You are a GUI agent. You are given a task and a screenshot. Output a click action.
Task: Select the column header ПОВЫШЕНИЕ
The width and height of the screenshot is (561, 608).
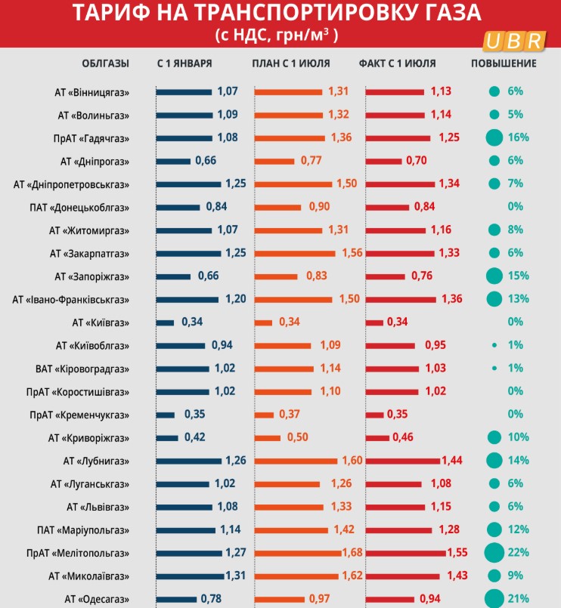[x=504, y=63]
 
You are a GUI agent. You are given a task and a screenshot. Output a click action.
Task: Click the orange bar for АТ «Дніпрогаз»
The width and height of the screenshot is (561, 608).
[x=274, y=161]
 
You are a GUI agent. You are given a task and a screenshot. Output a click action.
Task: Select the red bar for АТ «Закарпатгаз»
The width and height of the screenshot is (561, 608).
[x=400, y=253]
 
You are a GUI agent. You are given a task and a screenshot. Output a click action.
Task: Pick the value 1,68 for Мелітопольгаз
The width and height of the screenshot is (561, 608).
[x=352, y=553]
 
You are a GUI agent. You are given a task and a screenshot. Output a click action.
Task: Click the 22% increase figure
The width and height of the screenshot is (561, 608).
[x=519, y=553]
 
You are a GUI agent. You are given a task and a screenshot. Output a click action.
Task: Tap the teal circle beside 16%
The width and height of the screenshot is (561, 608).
[x=494, y=137]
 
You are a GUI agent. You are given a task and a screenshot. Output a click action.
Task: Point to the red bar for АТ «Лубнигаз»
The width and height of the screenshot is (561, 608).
[x=403, y=461]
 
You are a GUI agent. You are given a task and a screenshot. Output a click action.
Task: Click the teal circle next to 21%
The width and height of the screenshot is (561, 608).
[x=494, y=599]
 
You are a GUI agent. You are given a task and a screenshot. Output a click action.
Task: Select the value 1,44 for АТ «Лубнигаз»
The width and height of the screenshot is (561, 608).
[x=451, y=461]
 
